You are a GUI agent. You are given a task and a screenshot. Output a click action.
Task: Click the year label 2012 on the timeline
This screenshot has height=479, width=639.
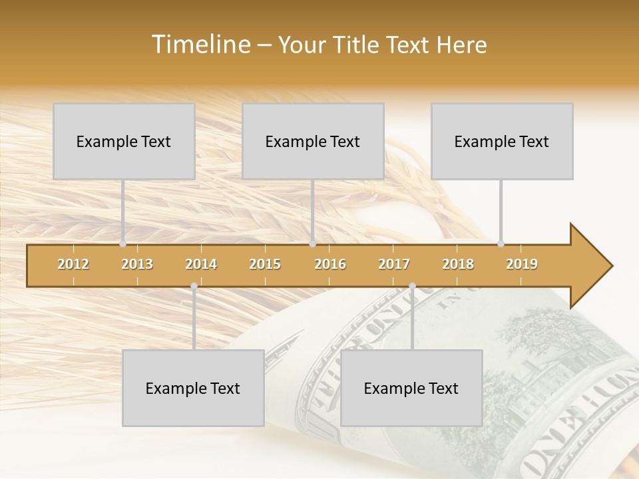(x=73, y=264)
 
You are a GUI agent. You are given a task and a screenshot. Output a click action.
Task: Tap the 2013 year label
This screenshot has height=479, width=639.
(x=137, y=264)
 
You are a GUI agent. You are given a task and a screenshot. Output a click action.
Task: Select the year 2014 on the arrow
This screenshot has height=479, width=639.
(x=201, y=264)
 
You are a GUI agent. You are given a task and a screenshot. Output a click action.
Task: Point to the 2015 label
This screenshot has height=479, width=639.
(x=265, y=264)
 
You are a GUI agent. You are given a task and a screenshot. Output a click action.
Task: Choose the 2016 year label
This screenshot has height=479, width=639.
(x=330, y=264)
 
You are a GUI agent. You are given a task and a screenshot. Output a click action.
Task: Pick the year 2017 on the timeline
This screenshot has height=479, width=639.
(x=394, y=264)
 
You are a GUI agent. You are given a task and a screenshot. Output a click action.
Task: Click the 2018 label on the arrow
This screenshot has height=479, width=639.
(x=458, y=264)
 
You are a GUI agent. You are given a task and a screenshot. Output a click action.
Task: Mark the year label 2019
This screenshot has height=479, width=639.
(x=522, y=264)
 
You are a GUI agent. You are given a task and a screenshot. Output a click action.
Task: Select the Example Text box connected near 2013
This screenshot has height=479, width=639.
(x=124, y=141)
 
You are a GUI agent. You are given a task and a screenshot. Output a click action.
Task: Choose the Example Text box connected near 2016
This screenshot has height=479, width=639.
(x=313, y=141)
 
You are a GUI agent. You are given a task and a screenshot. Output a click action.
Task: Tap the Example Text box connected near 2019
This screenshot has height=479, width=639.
(x=502, y=141)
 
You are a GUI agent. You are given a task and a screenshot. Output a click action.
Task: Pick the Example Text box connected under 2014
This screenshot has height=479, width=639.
(x=193, y=388)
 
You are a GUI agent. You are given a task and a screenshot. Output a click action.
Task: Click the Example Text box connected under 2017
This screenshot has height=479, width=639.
(x=411, y=388)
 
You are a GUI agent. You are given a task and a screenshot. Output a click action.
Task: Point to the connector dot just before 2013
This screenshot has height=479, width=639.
(x=122, y=243)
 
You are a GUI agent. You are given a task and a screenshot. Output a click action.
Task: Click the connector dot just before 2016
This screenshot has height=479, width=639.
(x=312, y=243)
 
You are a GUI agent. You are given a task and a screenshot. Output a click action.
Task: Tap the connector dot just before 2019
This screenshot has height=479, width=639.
(x=501, y=243)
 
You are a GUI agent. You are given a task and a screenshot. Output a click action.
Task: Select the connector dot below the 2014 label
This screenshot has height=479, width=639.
(x=194, y=286)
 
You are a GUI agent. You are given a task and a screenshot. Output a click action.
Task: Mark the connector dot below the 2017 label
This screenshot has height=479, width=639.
(x=412, y=286)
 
